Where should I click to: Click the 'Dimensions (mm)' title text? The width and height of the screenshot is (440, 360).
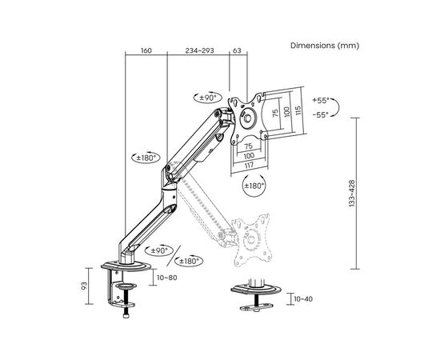pyautogui.click(x=325, y=46)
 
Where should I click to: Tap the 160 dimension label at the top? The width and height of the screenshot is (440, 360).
pyautogui.click(x=146, y=50)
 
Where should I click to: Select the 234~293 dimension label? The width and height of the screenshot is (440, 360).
pyautogui.click(x=199, y=50)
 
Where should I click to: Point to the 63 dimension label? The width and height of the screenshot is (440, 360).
pyautogui.click(x=237, y=50)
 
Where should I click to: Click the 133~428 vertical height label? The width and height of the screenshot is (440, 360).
pyautogui.click(x=352, y=194)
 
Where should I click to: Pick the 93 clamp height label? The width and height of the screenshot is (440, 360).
pyautogui.click(x=84, y=286)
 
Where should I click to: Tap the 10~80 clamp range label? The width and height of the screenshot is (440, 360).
pyautogui.click(x=167, y=278)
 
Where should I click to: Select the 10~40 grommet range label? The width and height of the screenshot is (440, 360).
pyautogui.click(x=303, y=299)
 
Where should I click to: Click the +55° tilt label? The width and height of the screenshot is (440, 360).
pyautogui.click(x=321, y=101)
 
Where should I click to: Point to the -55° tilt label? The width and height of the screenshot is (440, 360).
pyautogui.click(x=321, y=114)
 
